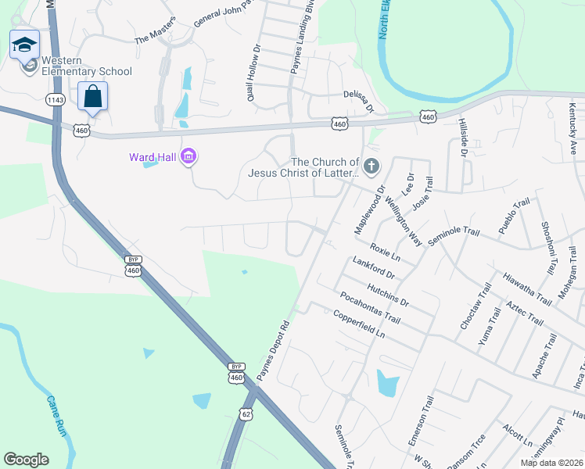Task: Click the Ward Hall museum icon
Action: point(188,157)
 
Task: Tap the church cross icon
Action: point(371,166)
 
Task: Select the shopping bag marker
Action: point(92,98)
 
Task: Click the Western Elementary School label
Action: point(86,66)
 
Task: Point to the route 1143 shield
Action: point(56,99)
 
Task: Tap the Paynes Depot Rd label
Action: point(274,351)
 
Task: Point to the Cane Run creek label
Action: point(56,416)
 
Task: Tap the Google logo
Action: point(26,460)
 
